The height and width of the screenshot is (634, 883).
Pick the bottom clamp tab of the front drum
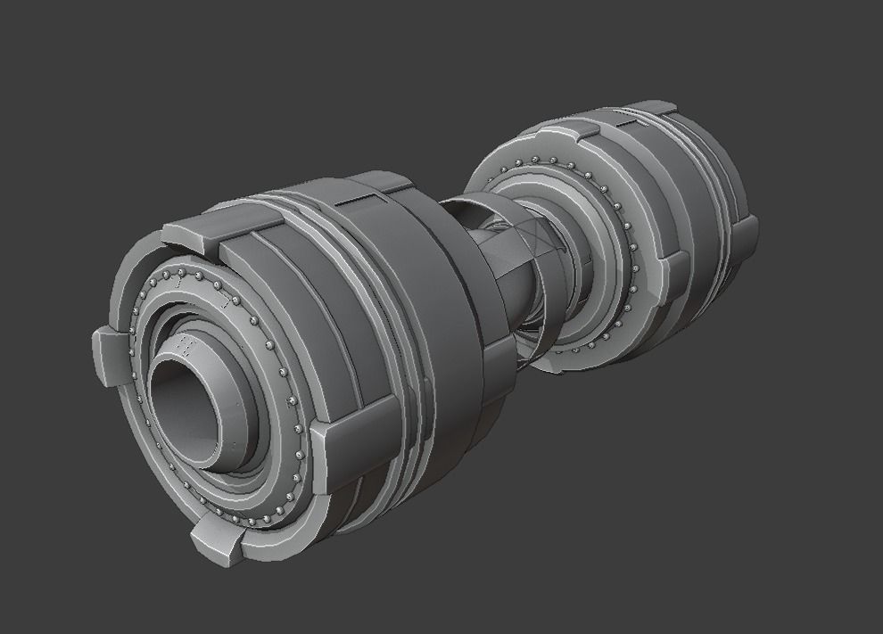[217, 539]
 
